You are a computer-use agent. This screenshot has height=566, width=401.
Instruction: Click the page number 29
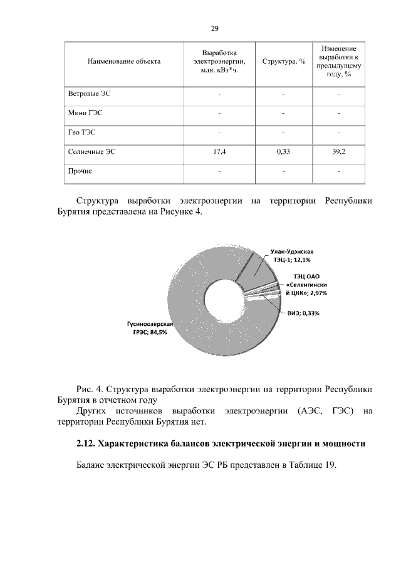tap(214, 29)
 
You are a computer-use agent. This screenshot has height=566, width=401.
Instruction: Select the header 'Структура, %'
tap(283, 61)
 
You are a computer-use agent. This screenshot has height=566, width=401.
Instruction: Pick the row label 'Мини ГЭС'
tap(85, 113)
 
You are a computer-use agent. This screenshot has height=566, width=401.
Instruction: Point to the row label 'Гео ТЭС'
tap(82, 133)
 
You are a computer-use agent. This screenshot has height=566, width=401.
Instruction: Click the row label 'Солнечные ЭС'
tap(91, 151)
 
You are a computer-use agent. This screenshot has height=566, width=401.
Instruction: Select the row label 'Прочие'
tap(80, 171)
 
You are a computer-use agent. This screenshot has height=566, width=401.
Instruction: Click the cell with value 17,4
tap(219, 151)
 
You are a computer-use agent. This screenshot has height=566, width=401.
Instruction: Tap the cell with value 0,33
tap(283, 151)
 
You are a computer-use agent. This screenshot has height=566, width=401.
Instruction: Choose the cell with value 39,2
tap(339, 151)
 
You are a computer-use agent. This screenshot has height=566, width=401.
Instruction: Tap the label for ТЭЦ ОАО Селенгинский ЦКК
tap(306, 284)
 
